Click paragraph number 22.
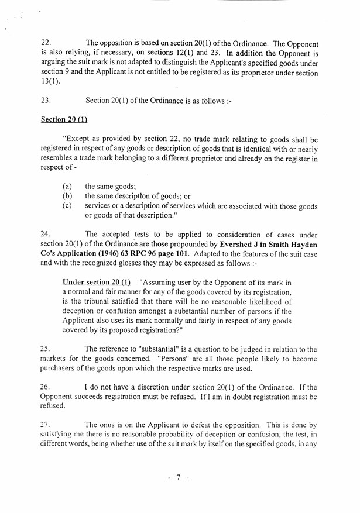click(46, 43)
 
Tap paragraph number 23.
click(46, 101)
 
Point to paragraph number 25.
click(46, 349)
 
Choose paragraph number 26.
click(46, 387)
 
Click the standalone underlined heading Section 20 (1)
click(64, 120)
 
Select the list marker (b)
click(68, 197)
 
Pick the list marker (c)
click(68, 206)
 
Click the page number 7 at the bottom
click(179, 478)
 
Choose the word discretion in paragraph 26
click(160, 387)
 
